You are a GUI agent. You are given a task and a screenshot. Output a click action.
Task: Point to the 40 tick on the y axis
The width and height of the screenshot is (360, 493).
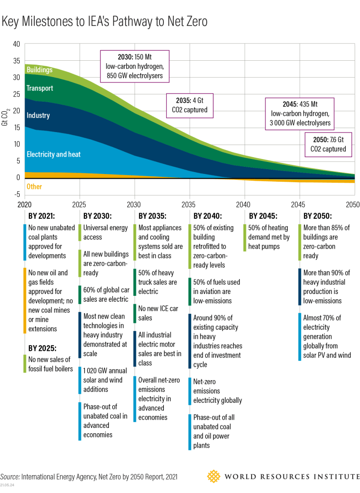pyautogui.click(x=16, y=44)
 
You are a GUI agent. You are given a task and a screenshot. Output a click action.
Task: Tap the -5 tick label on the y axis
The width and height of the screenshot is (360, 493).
pyautogui.click(x=16, y=195)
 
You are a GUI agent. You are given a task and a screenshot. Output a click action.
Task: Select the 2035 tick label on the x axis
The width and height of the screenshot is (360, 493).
pyautogui.click(x=188, y=205)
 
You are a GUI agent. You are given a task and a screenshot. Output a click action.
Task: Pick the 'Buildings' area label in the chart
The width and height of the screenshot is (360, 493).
pyautogui.click(x=40, y=70)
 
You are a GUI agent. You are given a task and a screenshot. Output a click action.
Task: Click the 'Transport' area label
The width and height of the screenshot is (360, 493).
pyautogui.click(x=40, y=89)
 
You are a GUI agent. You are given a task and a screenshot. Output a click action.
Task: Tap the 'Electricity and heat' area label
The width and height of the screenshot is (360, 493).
pyautogui.click(x=53, y=155)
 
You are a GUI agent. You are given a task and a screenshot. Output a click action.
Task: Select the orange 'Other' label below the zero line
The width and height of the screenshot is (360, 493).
pyautogui.click(x=34, y=187)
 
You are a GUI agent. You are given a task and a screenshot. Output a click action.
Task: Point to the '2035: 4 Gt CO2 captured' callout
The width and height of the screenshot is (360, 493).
pyautogui.click(x=190, y=106)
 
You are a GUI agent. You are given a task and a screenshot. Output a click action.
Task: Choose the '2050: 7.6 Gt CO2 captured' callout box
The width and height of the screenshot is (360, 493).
pyautogui.click(x=328, y=144)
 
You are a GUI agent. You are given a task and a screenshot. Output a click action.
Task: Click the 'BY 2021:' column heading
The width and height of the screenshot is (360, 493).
pyautogui.click(x=41, y=216)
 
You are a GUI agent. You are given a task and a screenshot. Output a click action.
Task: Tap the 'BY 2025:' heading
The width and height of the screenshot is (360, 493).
pyautogui.click(x=41, y=347)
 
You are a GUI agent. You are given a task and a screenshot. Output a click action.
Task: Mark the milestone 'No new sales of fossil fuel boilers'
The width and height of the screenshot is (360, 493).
pyautogui.click(x=49, y=364)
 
